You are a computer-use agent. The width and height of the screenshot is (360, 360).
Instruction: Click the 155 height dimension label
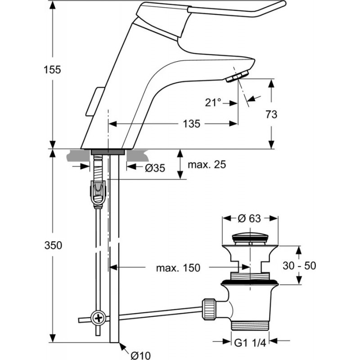point(52,70)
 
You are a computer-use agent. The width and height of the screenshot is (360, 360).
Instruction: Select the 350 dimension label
point(53,245)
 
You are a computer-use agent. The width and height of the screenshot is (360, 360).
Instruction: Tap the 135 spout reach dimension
point(192,124)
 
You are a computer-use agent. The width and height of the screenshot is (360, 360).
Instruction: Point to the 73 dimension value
point(271,114)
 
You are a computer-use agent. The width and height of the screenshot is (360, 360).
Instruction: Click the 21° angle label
point(213,103)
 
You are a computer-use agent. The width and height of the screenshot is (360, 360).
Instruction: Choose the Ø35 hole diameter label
point(155,168)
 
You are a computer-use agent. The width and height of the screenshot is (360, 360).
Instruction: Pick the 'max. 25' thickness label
point(207,164)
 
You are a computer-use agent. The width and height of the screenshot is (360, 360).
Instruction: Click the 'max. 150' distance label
point(178,268)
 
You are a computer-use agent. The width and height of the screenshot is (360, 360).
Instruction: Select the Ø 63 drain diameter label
point(249,218)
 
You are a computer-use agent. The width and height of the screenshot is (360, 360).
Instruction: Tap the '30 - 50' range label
point(299,265)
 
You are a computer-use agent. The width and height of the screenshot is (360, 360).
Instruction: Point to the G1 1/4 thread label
point(250,343)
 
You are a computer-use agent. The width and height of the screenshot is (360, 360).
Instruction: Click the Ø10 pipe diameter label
point(140,355)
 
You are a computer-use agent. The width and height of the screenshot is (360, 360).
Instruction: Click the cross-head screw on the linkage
point(99,319)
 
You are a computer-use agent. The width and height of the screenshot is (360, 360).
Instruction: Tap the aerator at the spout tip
point(238,76)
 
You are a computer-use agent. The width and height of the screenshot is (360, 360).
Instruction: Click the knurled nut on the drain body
point(209,309)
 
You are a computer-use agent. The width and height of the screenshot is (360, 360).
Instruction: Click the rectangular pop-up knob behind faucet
point(95,101)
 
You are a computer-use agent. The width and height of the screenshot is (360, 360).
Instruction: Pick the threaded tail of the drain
point(250,326)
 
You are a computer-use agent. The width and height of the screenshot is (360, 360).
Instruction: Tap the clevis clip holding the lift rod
point(98,194)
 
